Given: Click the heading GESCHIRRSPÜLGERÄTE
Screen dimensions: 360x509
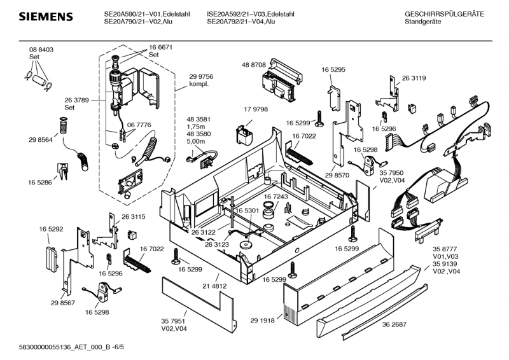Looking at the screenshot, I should [444, 13].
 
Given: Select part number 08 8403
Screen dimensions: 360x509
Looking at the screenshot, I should [41, 50].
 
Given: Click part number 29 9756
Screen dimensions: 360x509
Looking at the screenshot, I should [201, 76].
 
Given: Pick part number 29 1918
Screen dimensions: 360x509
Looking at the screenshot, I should [261, 321].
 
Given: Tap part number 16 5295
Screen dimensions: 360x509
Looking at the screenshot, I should [333, 69].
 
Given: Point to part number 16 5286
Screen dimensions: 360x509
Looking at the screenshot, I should [39, 182].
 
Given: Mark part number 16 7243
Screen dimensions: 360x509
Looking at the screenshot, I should [276, 197].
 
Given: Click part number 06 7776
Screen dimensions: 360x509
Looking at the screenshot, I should [139, 125].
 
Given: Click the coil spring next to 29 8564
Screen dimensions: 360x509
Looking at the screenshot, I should [62, 127].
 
